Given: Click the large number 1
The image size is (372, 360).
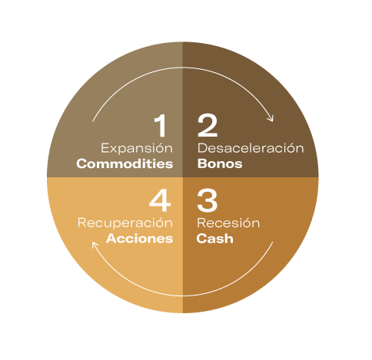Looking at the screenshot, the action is coord(161,125).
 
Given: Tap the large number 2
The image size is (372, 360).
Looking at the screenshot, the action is coord(208,125).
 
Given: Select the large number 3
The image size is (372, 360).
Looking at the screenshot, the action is coord(208,200).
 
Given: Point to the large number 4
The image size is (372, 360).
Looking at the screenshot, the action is coord(160,200).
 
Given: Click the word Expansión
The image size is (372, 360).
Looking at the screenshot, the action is coord(137,148).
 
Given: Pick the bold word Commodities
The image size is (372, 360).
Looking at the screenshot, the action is coord(125,163).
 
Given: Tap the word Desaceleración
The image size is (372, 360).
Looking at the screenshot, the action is coord(251,148).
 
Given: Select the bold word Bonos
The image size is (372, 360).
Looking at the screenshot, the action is coord(220,163).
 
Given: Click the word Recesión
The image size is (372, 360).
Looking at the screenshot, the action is coord(228,223).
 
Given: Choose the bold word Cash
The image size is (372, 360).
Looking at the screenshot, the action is coord(215,239).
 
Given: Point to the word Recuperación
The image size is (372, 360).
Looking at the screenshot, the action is coord(125,223).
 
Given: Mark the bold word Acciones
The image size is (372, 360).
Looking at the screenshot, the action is coord(140,239).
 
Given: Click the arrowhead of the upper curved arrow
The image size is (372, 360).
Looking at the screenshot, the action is coord(271,118).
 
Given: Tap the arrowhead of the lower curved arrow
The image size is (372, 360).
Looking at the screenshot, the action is coord(95,245).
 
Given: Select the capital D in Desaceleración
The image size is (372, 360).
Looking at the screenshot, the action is coord(202,148).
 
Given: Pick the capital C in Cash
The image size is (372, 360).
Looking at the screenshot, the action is coord(201,239).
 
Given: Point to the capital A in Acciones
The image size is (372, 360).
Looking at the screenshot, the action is coord(111,239).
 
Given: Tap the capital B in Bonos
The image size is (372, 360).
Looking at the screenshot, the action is coord(202,163).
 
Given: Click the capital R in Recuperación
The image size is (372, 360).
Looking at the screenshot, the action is coord(81,223).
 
